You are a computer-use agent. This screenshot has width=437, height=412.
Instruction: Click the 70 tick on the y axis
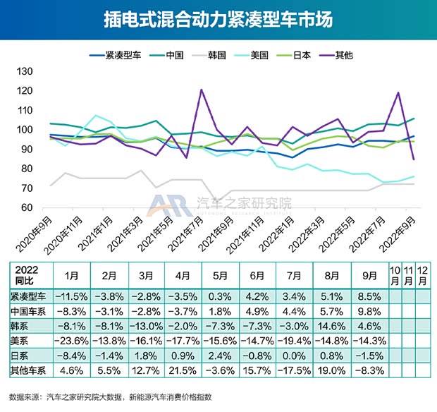[28, 188]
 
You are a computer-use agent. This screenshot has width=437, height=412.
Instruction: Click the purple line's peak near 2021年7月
[202, 90]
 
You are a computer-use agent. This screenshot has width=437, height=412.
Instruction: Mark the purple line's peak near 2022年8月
[399, 92]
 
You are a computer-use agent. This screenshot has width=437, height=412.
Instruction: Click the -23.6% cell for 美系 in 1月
[69, 341]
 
